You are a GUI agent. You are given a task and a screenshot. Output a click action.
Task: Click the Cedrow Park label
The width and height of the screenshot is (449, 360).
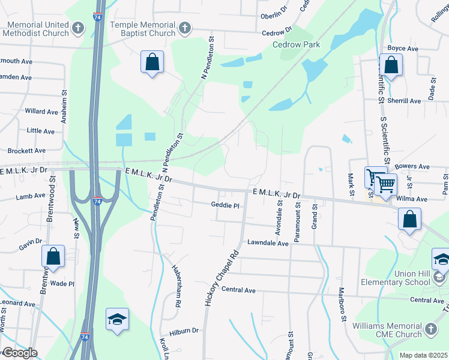(x=296, y=44)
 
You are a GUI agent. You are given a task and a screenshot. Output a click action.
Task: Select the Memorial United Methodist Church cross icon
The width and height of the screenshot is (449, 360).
(x=78, y=28)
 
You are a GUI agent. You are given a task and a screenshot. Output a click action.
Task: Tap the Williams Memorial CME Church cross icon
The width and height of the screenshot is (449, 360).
(x=430, y=329)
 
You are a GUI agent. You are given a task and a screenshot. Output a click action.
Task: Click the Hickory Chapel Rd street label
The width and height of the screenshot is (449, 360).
(x=213, y=278)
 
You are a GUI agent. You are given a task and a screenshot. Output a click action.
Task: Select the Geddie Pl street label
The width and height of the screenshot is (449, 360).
(x=225, y=205)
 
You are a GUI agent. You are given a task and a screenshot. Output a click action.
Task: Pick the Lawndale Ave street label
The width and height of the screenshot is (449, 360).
(x=268, y=243)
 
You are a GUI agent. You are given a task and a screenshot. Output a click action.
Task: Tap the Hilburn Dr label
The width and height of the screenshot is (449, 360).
(x=184, y=331)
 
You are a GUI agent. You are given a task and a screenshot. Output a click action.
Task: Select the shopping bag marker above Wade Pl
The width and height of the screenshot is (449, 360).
(x=53, y=256)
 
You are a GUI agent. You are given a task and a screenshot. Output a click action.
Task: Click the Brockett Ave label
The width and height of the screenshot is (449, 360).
(x=26, y=151)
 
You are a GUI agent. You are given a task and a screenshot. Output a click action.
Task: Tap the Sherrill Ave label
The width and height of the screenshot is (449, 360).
(x=404, y=101)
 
